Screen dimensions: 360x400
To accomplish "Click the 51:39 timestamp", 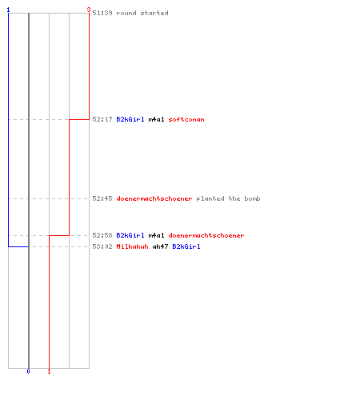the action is tap(102, 13).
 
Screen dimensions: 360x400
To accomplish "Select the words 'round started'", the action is tap(142, 13).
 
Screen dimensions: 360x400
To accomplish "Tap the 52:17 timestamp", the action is tap(102, 119).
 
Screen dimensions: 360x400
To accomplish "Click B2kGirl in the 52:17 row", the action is tap(130, 119).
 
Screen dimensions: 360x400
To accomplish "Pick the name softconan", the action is tap(186, 119).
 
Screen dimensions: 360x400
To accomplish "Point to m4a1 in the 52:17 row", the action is tap(156, 119).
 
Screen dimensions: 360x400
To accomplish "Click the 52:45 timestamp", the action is tap(102, 198).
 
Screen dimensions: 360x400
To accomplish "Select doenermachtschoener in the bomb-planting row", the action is tap(154, 198).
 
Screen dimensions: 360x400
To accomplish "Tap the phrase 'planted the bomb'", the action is tap(228, 198).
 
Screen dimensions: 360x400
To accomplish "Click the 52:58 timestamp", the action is tap(102, 235).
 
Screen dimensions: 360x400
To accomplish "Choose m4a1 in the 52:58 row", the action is tap(156, 235).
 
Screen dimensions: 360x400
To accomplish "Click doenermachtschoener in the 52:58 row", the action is tap(206, 235).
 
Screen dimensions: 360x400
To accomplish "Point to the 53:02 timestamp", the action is tap(102, 246).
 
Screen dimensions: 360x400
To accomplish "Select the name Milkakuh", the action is tap(132, 246).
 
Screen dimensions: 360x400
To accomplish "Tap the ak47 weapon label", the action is tap(160, 246).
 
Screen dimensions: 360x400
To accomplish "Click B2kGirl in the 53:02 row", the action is tap(186, 246).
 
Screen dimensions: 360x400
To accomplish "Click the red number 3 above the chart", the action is tap(89, 10).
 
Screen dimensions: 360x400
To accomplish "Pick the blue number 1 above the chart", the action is tap(8, 10).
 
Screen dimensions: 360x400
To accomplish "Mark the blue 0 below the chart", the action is tap(29, 371).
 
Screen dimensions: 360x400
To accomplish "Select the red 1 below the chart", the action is tap(49, 371).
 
